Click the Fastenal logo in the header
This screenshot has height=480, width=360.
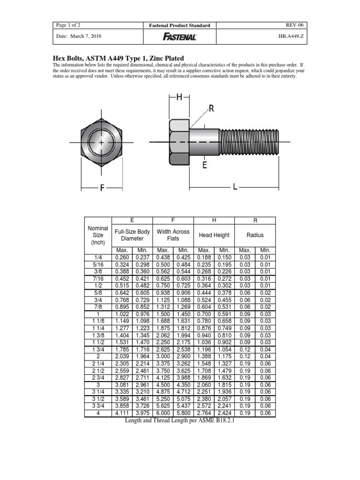180,37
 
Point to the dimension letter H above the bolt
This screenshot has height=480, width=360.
179,97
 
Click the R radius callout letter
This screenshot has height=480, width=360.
211,109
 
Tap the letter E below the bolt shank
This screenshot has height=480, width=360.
204,165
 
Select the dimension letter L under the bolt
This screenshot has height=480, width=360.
235,187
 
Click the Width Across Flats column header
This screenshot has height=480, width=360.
173,235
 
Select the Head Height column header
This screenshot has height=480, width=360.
214,235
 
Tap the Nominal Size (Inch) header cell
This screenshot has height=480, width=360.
98,235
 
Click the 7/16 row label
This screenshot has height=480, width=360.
98,278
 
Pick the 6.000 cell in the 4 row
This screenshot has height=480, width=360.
163,414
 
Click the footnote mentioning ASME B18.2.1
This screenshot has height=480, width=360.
179,421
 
